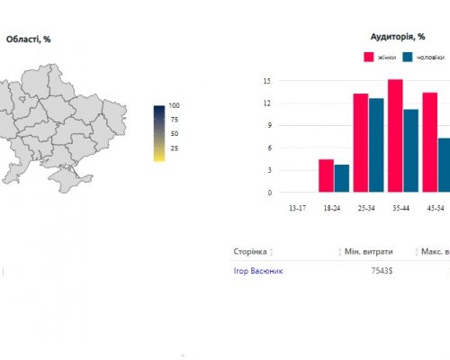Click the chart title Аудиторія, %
398,37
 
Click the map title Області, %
28,40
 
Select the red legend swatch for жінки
369,57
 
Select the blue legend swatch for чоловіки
408,57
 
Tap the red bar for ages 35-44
395,136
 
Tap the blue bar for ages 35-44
411,151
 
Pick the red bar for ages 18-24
326,175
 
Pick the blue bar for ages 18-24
342,178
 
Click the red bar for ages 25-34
361,143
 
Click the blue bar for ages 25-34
376,145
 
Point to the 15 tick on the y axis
267,81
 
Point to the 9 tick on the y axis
269,125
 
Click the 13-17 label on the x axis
298,208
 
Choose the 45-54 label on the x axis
436,208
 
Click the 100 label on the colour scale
174,105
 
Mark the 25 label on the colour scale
175,148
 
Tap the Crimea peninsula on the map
68,179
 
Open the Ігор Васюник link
258,271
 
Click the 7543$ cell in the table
382,271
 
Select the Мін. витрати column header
369,252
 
